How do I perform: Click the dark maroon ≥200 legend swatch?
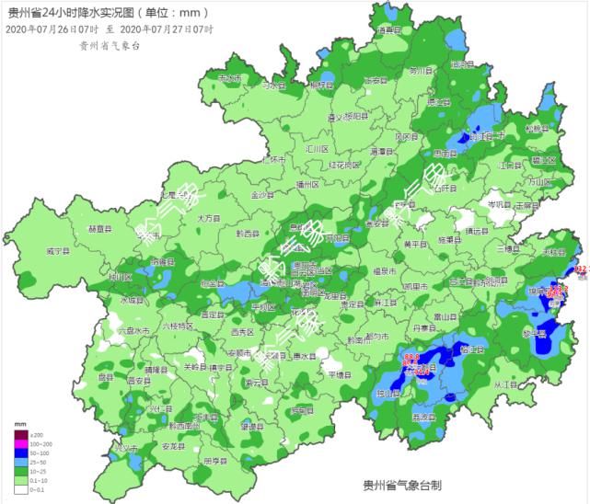pos(19,434)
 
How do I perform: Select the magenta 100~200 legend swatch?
pos(19,445)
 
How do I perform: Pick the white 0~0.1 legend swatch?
pos(19,489)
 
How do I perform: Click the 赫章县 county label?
pos(98,228)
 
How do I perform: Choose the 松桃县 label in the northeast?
pos(535,129)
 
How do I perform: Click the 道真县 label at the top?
pos(391,30)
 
